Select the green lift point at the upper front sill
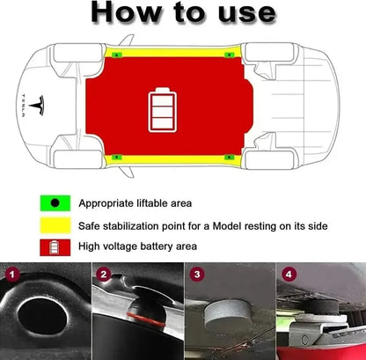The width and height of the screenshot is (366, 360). pyautogui.click(x=118, y=55)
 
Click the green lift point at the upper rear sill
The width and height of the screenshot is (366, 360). pyautogui.click(x=229, y=55)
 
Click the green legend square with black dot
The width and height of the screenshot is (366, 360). pyautogui.click(x=55, y=202)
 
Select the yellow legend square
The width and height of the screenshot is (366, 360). pyautogui.click(x=55, y=225)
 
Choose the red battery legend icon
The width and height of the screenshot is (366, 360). pyautogui.click(x=55, y=247)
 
